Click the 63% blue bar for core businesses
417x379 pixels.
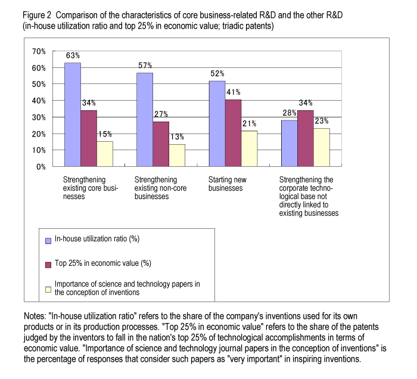[73, 114]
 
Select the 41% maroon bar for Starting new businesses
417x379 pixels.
[234, 133]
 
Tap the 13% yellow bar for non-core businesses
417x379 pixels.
[177, 156]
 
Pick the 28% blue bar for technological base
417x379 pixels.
[290, 144]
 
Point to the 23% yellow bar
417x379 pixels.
[322, 147]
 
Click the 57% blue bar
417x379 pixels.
[145, 120]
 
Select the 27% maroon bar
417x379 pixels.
[161, 144]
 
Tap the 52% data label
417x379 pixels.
[217, 73]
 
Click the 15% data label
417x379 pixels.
[105, 133]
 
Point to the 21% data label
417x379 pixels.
[250, 123]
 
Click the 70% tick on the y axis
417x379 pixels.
[39, 51]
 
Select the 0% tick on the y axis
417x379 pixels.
[41, 167]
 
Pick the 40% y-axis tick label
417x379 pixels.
[39, 101]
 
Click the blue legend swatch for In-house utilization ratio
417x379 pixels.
[48, 241]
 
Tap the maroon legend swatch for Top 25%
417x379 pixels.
[48, 265]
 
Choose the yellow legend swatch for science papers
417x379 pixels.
[48, 290]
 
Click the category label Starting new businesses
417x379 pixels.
[228, 184]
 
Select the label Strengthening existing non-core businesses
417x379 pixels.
[160, 188]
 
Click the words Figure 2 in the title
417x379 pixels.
[37, 15]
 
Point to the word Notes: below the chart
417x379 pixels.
[35, 316]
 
